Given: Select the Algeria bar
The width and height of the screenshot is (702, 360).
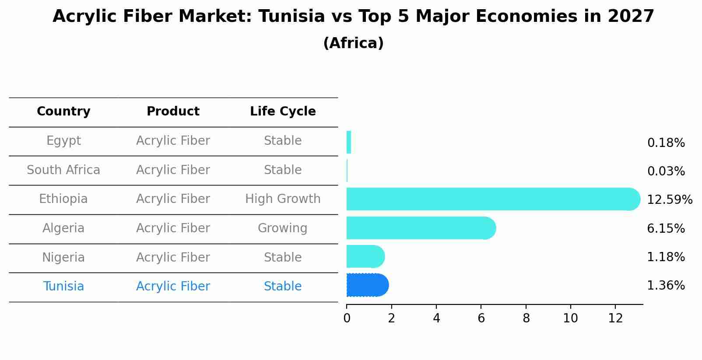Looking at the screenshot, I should [420, 228].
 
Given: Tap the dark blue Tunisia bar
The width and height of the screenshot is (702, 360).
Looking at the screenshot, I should [367, 285].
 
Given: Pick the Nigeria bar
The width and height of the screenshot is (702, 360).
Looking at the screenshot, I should [365, 257].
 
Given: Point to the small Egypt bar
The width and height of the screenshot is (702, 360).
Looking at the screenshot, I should [349, 142].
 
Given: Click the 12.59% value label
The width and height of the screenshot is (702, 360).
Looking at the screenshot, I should [669, 200].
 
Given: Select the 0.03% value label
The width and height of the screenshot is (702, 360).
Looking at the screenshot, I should [666, 171].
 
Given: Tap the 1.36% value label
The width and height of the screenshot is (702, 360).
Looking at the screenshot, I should [666, 286].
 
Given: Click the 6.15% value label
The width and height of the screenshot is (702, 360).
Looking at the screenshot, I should [666, 228].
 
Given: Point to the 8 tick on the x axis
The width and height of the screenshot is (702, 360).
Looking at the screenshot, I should [526, 318].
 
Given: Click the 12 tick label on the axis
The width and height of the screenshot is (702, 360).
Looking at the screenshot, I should [615, 318].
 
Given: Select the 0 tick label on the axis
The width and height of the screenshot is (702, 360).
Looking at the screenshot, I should [347, 318].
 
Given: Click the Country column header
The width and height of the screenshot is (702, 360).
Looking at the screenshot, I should [63, 112].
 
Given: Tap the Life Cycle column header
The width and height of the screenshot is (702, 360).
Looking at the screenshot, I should [283, 112].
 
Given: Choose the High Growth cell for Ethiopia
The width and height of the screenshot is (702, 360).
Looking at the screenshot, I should [283, 199].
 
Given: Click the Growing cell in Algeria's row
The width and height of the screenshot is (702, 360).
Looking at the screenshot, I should [282, 228].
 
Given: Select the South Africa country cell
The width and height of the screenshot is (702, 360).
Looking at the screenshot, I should [63, 170].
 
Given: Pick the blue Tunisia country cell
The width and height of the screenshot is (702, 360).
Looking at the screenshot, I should [63, 287].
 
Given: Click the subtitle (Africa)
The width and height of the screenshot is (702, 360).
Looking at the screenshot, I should [353, 43].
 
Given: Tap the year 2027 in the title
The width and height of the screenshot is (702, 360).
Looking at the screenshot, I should [631, 17].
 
